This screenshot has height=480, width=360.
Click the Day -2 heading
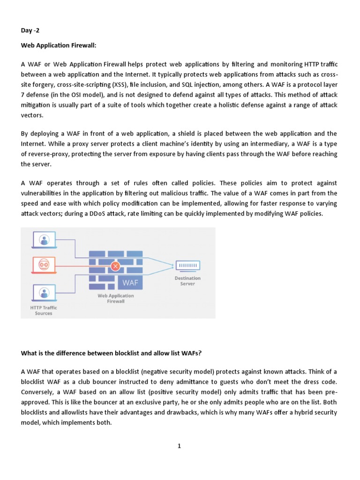[30, 31]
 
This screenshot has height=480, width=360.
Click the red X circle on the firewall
[115, 266]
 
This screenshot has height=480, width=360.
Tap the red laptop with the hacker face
[44, 266]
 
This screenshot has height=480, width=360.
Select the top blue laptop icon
[44, 240]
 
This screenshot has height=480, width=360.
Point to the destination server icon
[187, 265]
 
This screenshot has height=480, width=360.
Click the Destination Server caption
[187, 281]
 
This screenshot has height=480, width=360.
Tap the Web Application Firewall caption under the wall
[115, 299]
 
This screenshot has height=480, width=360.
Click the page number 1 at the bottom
[179, 446]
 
